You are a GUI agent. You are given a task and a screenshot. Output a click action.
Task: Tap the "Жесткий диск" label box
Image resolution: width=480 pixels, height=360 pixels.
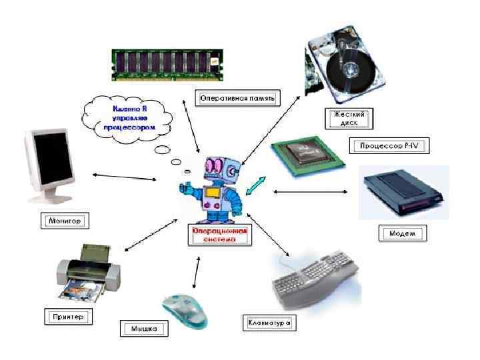tap(349, 119)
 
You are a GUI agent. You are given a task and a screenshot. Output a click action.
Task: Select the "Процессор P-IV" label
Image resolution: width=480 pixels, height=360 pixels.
tap(388, 145)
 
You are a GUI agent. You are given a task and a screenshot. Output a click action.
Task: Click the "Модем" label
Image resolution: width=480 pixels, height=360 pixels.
tap(402, 233)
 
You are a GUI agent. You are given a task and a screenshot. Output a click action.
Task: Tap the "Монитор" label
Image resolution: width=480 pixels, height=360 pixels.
tap(65, 219)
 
